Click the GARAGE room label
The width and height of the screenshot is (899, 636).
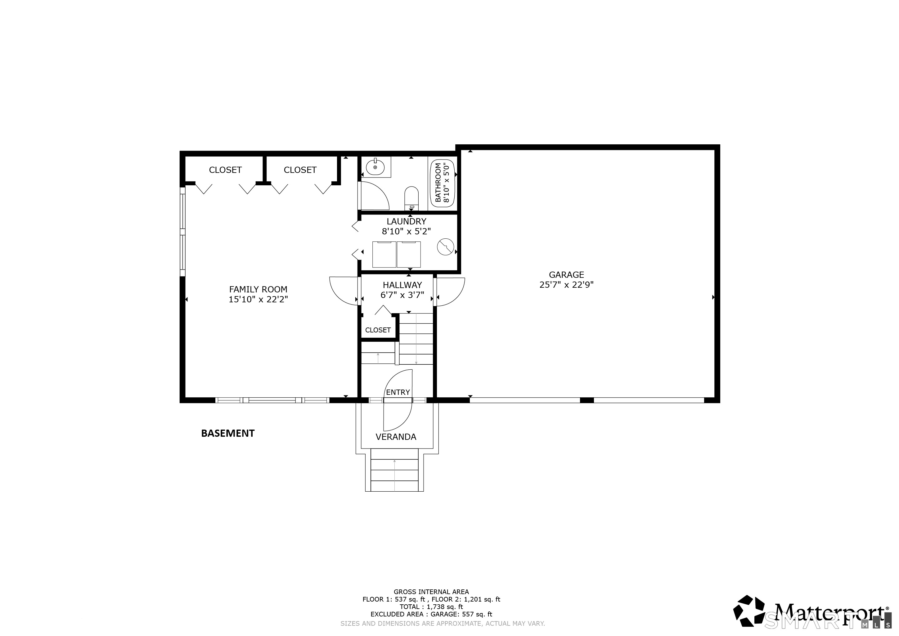[566, 275]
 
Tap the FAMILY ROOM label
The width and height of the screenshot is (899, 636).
[258, 289]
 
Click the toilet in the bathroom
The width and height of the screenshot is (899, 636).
[411, 198]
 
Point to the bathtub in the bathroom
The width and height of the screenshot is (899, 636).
[443, 183]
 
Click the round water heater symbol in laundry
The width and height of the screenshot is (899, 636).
[445, 247]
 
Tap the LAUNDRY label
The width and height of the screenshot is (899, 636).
[407, 221]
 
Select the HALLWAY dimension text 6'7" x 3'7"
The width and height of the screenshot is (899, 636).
[402, 295]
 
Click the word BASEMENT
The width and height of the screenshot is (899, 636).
[228, 433]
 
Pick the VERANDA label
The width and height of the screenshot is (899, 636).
[396, 437]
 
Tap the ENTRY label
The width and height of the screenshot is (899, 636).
[398, 392]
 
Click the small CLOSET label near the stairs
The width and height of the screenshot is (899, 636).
[378, 330]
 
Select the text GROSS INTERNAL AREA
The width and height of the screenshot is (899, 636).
[431, 592]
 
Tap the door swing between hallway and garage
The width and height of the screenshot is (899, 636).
[451, 292]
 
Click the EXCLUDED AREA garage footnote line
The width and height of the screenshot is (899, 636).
[431, 614]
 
